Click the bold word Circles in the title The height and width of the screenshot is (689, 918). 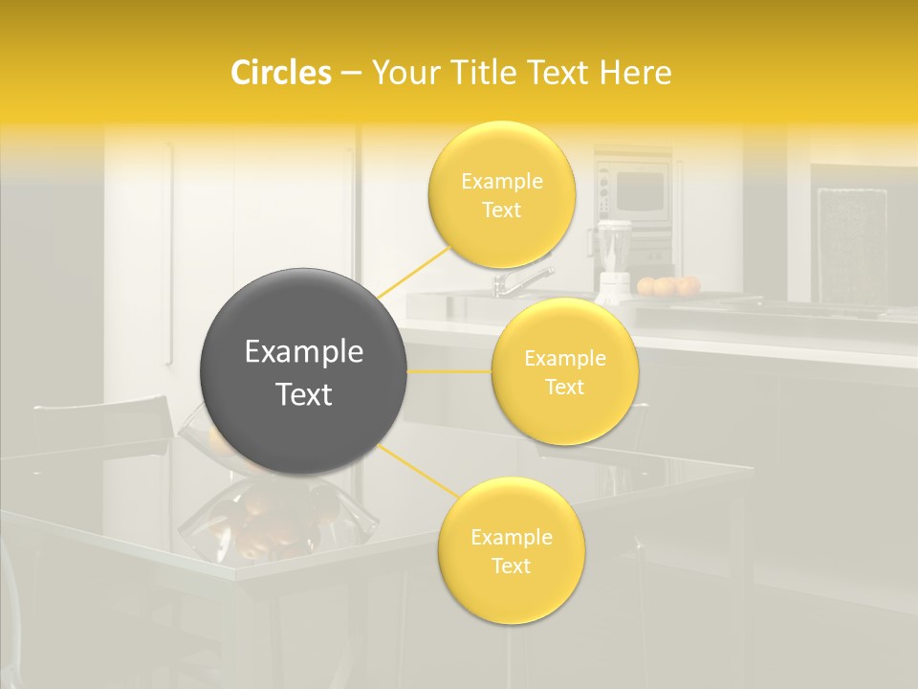click(x=281, y=73)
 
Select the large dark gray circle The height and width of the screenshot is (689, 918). click(x=303, y=371)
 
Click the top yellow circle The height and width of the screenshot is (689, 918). click(x=501, y=195)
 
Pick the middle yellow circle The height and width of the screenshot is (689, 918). click(x=564, y=371)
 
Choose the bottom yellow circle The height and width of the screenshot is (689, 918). click(x=511, y=551)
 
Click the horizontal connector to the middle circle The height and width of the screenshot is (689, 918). click(x=449, y=371)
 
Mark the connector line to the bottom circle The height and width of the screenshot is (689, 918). click(x=417, y=471)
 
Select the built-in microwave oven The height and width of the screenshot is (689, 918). click(x=635, y=191)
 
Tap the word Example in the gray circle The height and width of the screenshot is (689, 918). click(x=303, y=352)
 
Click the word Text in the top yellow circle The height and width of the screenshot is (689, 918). click(x=501, y=211)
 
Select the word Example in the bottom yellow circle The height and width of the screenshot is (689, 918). click(x=511, y=538)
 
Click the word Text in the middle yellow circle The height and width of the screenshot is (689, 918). click(x=564, y=388)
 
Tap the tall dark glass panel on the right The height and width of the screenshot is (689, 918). click(x=851, y=244)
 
